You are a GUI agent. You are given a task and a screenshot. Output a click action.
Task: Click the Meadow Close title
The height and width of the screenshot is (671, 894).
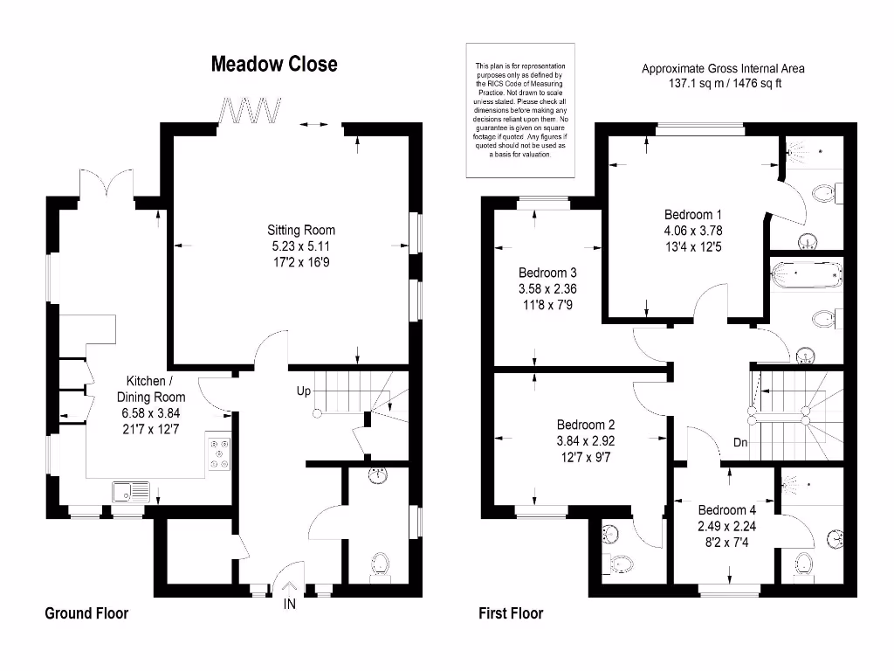[273, 64]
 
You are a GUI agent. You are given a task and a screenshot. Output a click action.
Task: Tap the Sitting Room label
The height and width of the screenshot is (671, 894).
[301, 230]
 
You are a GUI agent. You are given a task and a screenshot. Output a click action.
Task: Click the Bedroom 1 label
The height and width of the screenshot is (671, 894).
[693, 214]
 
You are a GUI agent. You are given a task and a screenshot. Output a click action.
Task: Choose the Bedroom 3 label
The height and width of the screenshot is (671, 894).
[547, 272]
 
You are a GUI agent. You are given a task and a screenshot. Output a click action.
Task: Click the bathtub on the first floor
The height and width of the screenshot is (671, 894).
[807, 275]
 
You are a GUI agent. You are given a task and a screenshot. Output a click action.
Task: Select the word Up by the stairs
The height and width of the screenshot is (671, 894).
[303, 391]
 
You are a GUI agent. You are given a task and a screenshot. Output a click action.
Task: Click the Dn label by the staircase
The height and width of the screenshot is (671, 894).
[740, 442]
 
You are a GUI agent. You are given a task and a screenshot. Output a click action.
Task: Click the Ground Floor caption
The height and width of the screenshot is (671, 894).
[86, 613]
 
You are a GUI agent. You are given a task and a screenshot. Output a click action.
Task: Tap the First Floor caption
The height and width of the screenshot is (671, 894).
[511, 613]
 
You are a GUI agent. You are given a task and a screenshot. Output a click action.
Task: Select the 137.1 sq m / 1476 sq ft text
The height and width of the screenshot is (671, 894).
[724, 83]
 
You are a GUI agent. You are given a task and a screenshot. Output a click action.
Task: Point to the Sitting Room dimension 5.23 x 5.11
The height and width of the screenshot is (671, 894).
[301, 246]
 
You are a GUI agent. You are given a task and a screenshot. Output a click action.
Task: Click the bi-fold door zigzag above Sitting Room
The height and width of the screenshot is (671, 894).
[251, 111]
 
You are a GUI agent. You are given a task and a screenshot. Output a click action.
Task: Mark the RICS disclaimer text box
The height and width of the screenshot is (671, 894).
[520, 110]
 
